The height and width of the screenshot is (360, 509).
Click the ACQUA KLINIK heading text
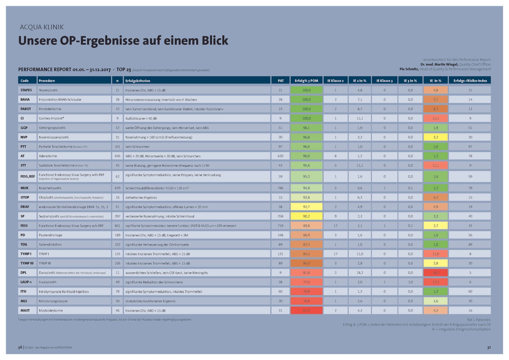pyautogui.click(x=42, y=27)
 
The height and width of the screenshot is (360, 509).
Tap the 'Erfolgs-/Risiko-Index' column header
pyautogui.click(x=470, y=81)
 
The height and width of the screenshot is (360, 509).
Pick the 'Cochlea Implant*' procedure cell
pyautogui.click(x=74, y=118)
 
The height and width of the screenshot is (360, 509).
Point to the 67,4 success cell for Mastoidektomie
pyautogui.click(x=306, y=310)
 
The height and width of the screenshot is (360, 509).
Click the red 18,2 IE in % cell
pyautogui.click(x=436, y=273)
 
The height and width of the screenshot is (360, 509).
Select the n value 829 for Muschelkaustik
pyautogui.click(x=117, y=188)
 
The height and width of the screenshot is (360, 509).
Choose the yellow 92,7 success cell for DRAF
pyautogui.click(x=306, y=207)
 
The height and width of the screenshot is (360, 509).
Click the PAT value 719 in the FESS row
pyautogui.click(x=280, y=226)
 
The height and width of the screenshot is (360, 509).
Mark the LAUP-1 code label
pyautogui.click(x=26, y=282)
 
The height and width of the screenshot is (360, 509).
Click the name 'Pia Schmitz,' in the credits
pyautogui.click(x=409, y=69)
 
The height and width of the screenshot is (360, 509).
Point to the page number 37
pyautogui.click(x=489, y=348)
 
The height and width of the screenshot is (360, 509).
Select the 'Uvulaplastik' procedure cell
pyautogui.click(x=74, y=282)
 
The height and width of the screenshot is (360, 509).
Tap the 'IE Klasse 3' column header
pyautogui.click(x=384, y=81)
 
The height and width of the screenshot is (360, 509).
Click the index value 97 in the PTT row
pyautogui.click(x=470, y=147)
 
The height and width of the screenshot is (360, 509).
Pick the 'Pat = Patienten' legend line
pyautogui.click(x=479, y=320)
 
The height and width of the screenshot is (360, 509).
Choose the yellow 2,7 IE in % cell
pyautogui.click(x=436, y=226)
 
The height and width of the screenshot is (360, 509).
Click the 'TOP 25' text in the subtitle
pyautogui.click(x=124, y=70)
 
